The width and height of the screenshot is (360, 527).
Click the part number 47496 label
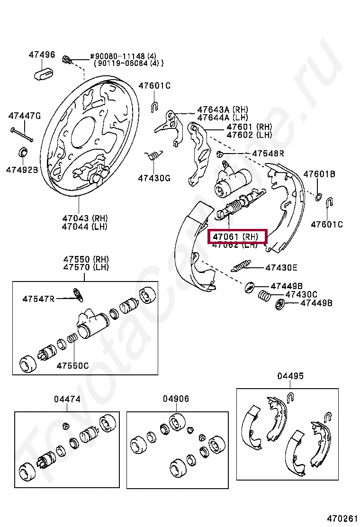(x=42, y=55)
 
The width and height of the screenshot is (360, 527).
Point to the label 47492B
(x=22, y=169)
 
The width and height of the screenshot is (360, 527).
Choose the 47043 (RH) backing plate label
(x=85, y=218)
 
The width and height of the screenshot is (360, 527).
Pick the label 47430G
(x=154, y=178)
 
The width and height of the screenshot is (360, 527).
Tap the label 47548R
(x=268, y=153)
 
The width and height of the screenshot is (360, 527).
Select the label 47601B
(x=319, y=174)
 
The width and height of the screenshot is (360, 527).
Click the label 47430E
(x=281, y=268)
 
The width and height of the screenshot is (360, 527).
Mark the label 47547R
(x=38, y=299)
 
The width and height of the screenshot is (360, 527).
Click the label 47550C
(x=72, y=365)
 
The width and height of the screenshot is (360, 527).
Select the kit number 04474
(x=67, y=400)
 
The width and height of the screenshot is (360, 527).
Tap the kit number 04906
(x=176, y=399)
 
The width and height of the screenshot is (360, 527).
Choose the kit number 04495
(x=290, y=376)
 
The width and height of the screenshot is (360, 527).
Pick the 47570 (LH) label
(x=86, y=267)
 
